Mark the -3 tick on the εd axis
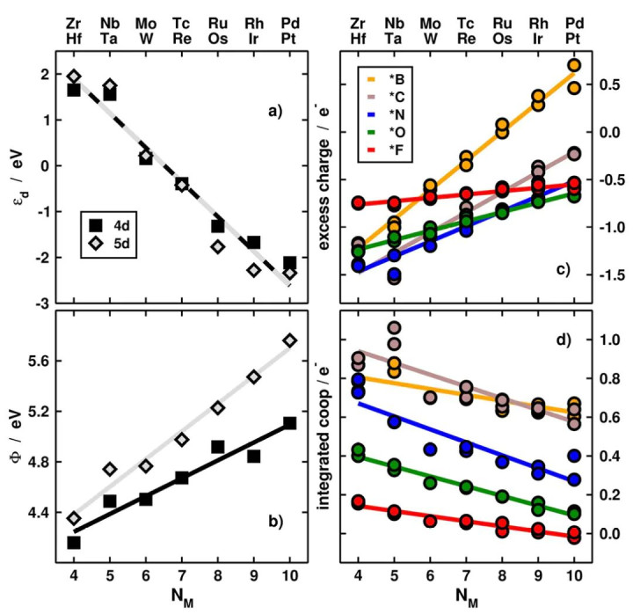41,303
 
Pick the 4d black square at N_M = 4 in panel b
74,542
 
